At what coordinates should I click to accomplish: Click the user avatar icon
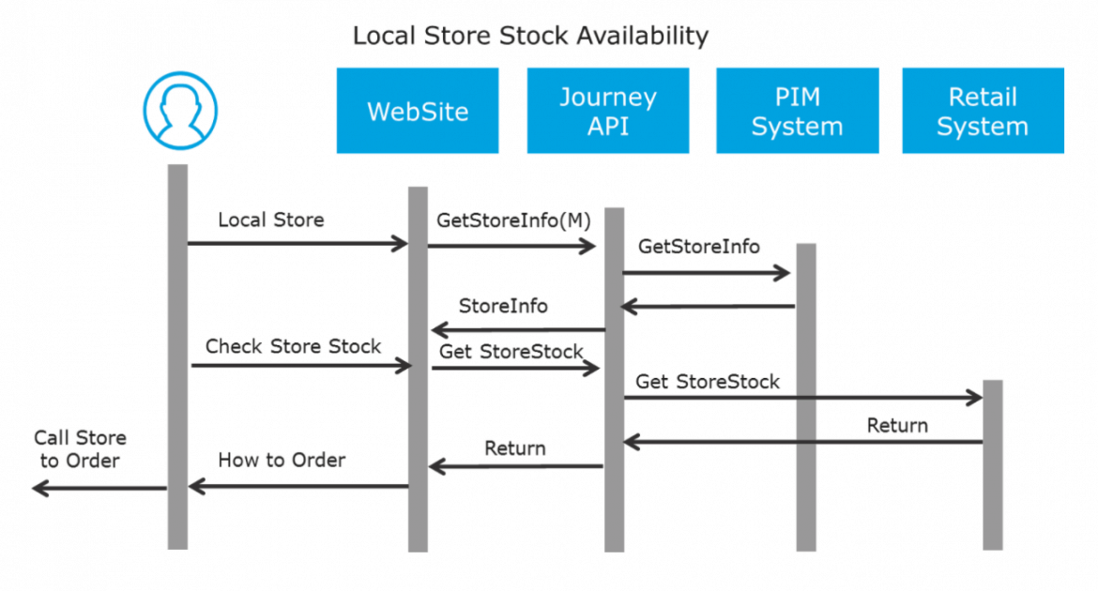pos(179,112)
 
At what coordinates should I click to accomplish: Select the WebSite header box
pos(418,111)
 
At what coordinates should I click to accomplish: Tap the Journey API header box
pos(607,111)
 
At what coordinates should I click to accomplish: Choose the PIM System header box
pos(797,111)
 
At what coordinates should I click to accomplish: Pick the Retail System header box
pos(983,111)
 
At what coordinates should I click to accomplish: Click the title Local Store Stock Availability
pos(530,37)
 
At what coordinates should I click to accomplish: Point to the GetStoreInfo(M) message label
pos(513,220)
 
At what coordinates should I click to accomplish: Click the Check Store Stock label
pos(293,346)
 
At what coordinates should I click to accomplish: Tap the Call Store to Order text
pos(80,449)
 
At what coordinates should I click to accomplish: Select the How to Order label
pos(282,461)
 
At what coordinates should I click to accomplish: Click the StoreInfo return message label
pos(503,307)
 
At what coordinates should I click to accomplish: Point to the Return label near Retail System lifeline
pos(897,426)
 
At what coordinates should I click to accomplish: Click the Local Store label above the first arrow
pos(270,220)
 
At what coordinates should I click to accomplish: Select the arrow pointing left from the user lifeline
pos(99,488)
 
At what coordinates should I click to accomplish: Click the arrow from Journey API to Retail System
pos(802,398)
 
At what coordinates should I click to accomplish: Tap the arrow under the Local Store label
pos(297,244)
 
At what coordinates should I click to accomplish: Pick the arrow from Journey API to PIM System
pos(707,273)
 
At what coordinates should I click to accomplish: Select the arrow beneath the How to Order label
pos(297,486)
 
